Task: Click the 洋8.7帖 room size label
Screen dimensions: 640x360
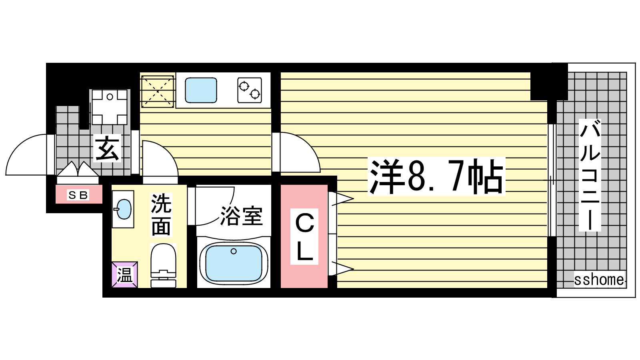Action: [x=436, y=176]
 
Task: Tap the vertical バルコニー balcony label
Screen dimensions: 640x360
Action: [x=590, y=175]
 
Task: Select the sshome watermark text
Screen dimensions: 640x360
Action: [x=599, y=279]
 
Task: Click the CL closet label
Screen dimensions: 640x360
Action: [x=304, y=236]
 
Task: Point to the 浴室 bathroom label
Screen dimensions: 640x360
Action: [x=242, y=216]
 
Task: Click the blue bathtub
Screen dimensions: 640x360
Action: [x=234, y=263]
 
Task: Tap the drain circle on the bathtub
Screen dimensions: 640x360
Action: [x=234, y=252]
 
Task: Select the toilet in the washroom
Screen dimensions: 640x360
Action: [x=163, y=266]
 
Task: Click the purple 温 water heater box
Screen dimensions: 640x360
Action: [x=124, y=274]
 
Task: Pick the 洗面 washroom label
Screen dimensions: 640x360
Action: [x=161, y=215]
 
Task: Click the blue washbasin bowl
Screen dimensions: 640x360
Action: [x=124, y=209]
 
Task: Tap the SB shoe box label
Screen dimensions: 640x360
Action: [x=78, y=195]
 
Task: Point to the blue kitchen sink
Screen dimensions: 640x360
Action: [x=201, y=90]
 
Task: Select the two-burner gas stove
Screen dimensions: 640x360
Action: [x=250, y=90]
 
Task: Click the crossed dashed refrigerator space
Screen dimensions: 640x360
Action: [x=158, y=92]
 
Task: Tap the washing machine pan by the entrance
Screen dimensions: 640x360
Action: [x=110, y=107]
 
